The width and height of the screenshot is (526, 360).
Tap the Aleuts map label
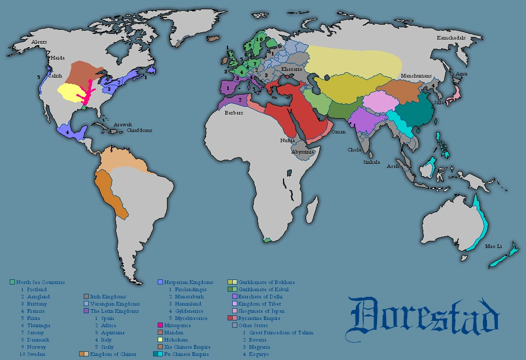pyautogui.click(x=39, y=42)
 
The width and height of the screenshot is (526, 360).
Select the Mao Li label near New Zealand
pyautogui.click(x=493, y=247)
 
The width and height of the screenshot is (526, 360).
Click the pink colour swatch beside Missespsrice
pyautogui.click(x=160, y=326)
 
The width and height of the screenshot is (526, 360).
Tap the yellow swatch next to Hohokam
pyautogui.click(x=160, y=340)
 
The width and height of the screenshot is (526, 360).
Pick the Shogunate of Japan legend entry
pyautogui.click(x=261, y=311)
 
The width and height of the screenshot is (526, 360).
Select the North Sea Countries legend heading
pyautogui.click(x=40, y=282)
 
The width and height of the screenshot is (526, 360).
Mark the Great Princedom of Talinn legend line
pyautogui.click(x=277, y=333)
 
